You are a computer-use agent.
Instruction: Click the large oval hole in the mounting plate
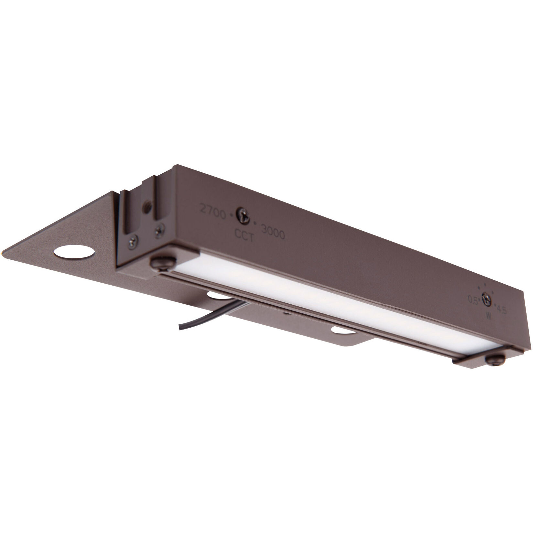pyautogui.click(x=73, y=253)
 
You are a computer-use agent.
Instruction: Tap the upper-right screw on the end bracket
pyautogui.click(x=159, y=230)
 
